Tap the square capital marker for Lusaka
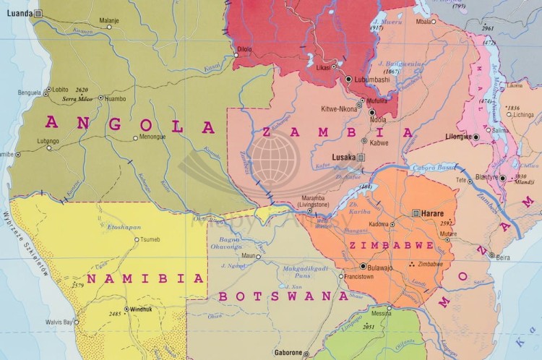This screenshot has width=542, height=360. coord(362,157)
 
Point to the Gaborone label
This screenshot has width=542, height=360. coord(287,353)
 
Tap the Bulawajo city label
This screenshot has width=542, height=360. coord(379,267)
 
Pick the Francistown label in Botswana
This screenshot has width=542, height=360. coord(359,277)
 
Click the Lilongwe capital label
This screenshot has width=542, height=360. coord(458,136)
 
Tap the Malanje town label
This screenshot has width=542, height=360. coord(109,20)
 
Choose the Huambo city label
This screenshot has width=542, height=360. coord(115,98)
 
